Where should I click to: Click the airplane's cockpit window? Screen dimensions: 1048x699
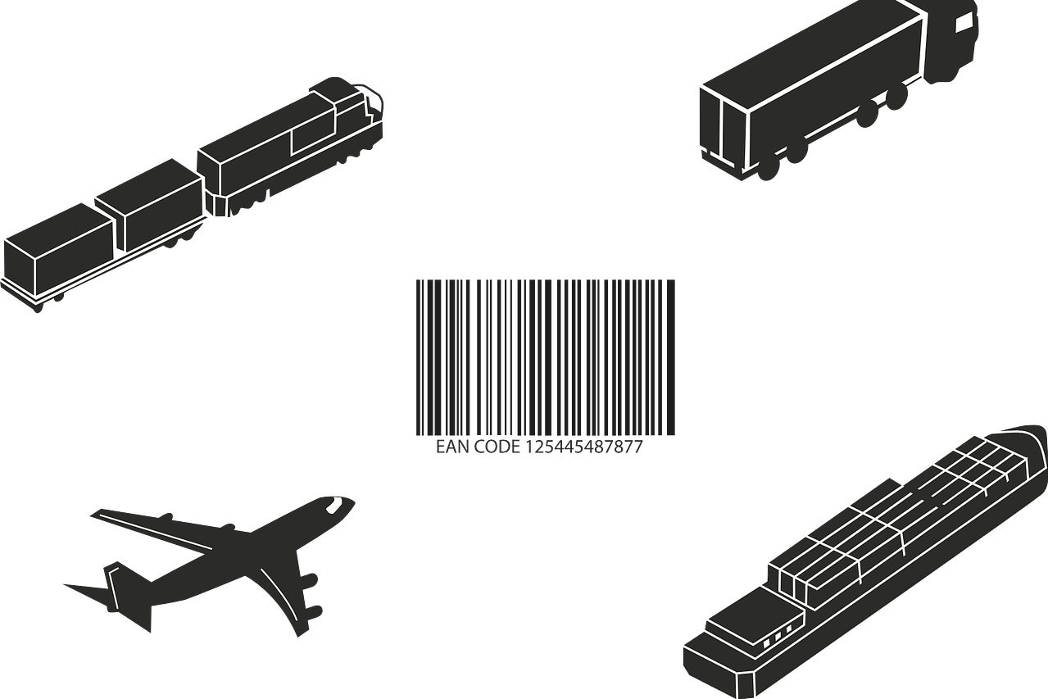click(x=334, y=504)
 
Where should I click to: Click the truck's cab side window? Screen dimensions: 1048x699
click(x=964, y=22)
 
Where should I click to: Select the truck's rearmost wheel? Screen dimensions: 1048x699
click(x=766, y=169)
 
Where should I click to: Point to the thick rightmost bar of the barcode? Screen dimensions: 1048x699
click(x=670, y=357)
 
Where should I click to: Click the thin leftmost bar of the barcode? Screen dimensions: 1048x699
click(x=418, y=357)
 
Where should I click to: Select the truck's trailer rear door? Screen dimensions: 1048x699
click(x=723, y=129)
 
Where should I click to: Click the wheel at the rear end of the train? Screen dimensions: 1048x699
click(x=38, y=307)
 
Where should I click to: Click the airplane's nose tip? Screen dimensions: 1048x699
click(x=353, y=502)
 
